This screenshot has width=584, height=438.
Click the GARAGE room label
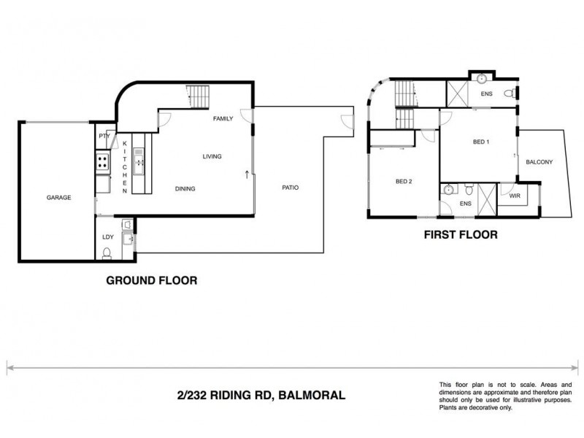pyautogui.click(x=58, y=197)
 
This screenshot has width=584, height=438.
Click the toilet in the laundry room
pyautogui.click(x=107, y=253)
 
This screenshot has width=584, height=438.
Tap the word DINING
pyautogui.click(x=185, y=188)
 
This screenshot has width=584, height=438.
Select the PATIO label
pyautogui.click(x=290, y=188)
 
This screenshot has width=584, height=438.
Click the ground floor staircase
pyautogui.click(x=198, y=96)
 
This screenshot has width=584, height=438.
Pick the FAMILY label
pyautogui.click(x=223, y=118)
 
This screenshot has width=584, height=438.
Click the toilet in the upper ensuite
pyautogui.click(x=515, y=93)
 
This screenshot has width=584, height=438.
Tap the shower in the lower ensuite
pyautogui.click(x=486, y=197)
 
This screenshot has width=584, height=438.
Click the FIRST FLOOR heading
pyautogui.click(x=461, y=235)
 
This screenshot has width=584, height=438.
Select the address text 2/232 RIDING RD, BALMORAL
pyautogui.click(x=260, y=395)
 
